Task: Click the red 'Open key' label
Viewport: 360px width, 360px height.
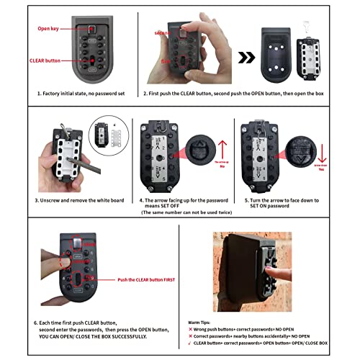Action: [x=49, y=28]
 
